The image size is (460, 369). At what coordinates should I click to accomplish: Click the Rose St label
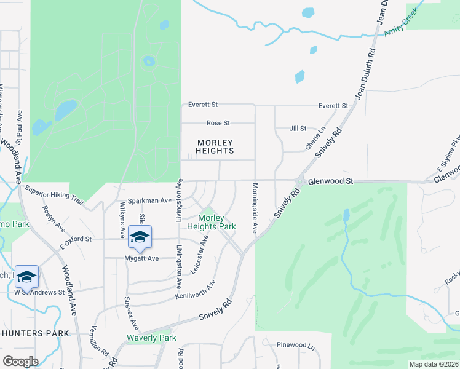click(x=218, y=123)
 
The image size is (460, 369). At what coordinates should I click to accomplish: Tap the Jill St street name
click(x=298, y=129)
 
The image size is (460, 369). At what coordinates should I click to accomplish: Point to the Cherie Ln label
click(x=315, y=138)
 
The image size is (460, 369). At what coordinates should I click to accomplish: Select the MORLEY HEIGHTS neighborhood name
click(x=215, y=146)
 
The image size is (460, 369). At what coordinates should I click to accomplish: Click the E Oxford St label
click(x=76, y=239)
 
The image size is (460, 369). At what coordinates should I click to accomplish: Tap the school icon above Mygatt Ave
click(x=140, y=237)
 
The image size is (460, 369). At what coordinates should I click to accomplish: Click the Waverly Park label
click(x=151, y=338)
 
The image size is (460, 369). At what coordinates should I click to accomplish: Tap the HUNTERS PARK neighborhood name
click(x=35, y=333)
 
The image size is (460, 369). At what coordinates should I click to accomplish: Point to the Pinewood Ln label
click(x=295, y=345)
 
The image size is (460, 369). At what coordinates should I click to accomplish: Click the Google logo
click(x=20, y=361)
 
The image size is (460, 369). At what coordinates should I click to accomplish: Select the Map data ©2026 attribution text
click(x=434, y=364)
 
